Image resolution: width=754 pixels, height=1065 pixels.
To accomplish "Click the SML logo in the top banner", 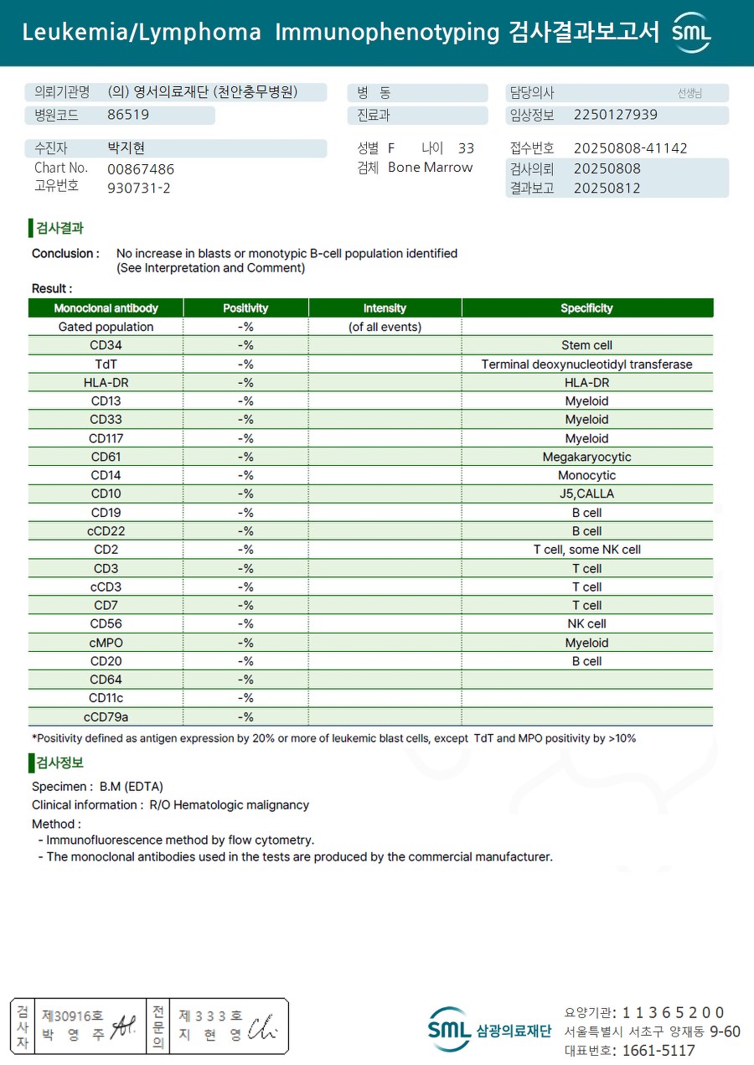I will point(691,33).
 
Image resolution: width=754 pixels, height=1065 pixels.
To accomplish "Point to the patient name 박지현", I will point(126,148).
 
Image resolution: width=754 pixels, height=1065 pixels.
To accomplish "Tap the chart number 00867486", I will point(141,168).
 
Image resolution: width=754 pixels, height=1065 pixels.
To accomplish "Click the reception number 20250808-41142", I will point(630,148).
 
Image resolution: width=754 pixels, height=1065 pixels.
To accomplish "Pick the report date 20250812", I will point(607,188).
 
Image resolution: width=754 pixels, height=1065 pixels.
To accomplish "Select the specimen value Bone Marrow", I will point(430,168).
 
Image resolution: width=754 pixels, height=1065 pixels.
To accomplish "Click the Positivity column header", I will point(245,308).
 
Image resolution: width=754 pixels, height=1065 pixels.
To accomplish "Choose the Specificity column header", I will point(586,308).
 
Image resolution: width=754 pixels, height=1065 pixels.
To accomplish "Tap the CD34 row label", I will point(106,345).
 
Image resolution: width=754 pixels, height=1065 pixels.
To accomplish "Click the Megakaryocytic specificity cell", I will point(586,457).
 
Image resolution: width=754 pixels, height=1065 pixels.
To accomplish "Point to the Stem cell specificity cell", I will point(586,345).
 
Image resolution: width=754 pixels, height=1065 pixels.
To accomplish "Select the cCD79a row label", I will point(106,716).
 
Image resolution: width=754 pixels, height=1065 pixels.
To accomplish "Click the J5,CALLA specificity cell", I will point(586,494).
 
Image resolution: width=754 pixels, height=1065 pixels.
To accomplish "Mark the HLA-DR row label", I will point(106,382).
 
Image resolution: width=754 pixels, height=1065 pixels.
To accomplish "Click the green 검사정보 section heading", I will point(59,763).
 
